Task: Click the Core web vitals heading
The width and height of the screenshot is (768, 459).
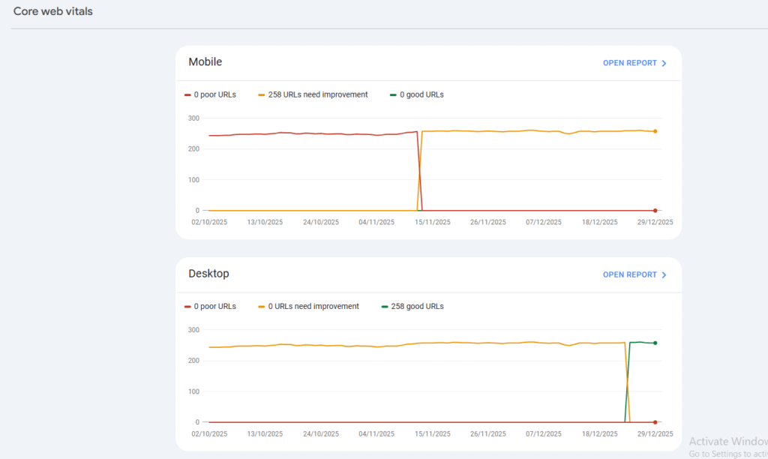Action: [53, 11]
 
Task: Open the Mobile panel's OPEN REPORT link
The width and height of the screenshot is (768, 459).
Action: [634, 63]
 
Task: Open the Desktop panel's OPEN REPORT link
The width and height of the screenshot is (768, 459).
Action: [634, 274]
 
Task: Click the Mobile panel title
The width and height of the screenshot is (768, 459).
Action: [205, 62]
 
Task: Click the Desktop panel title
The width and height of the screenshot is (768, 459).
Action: [208, 274]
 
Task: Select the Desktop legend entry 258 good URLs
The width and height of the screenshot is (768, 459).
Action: [417, 306]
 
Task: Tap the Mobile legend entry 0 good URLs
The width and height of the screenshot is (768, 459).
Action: [421, 94]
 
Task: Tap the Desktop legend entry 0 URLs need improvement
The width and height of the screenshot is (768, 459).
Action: [313, 306]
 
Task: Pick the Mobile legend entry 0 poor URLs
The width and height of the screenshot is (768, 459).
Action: [214, 94]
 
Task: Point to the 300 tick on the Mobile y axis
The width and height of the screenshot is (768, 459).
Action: [193, 118]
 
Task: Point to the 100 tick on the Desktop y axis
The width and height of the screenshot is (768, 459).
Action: [193, 391]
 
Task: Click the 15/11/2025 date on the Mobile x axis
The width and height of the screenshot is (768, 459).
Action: [432, 222]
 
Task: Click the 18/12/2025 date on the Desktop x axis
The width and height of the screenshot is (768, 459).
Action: [600, 433]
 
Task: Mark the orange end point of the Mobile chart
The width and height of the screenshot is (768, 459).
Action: [655, 131]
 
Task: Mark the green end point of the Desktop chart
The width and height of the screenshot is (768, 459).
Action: [655, 343]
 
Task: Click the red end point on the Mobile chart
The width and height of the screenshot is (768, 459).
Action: [655, 211]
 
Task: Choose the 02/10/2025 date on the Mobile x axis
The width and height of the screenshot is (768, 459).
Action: [209, 222]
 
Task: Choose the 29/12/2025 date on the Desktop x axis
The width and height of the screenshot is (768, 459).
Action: [655, 433]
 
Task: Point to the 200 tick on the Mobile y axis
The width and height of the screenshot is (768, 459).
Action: [193, 148]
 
